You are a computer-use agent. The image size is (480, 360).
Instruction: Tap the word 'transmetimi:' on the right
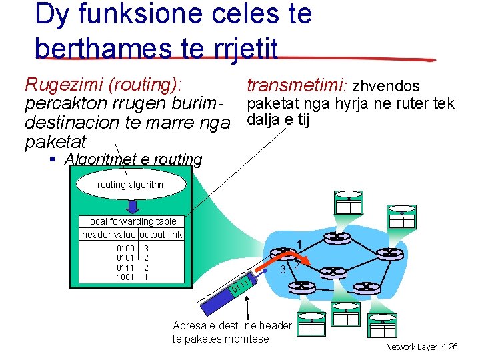(x=297, y=86)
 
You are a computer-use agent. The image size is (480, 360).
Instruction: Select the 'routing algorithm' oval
(x=131, y=185)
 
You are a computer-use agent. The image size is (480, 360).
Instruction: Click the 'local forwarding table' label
(x=132, y=221)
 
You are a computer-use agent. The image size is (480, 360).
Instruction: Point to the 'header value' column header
(x=109, y=235)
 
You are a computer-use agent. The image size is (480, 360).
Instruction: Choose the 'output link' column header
(x=160, y=235)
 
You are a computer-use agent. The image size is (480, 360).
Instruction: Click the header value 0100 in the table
(x=125, y=249)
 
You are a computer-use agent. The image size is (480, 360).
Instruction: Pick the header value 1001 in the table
(x=125, y=276)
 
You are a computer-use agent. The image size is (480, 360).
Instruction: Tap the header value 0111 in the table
(x=125, y=267)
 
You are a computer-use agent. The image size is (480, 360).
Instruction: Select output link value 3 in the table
(x=146, y=249)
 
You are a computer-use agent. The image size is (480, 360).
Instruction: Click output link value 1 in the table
(x=146, y=276)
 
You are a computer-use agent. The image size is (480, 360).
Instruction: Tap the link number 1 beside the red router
(x=300, y=244)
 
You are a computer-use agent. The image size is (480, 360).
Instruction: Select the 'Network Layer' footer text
(x=411, y=347)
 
